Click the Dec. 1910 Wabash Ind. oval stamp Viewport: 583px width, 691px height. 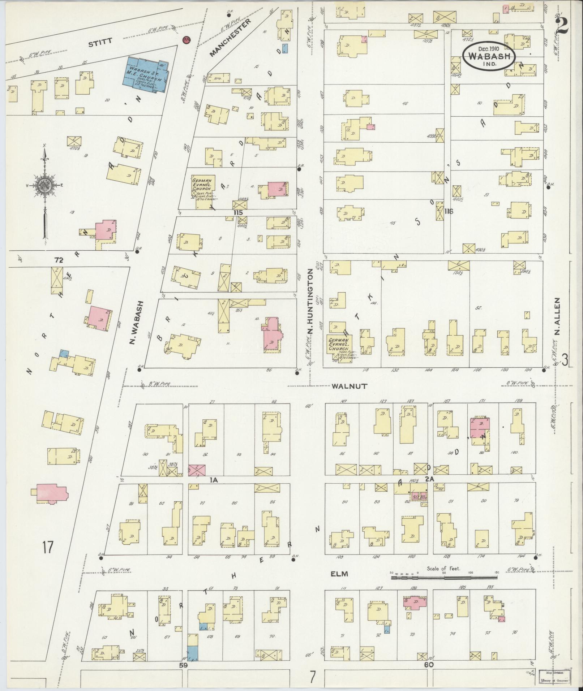pyautogui.click(x=488, y=56)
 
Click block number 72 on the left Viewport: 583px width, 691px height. pyautogui.click(x=59, y=260)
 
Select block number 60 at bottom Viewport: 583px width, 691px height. pyautogui.click(x=429, y=664)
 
